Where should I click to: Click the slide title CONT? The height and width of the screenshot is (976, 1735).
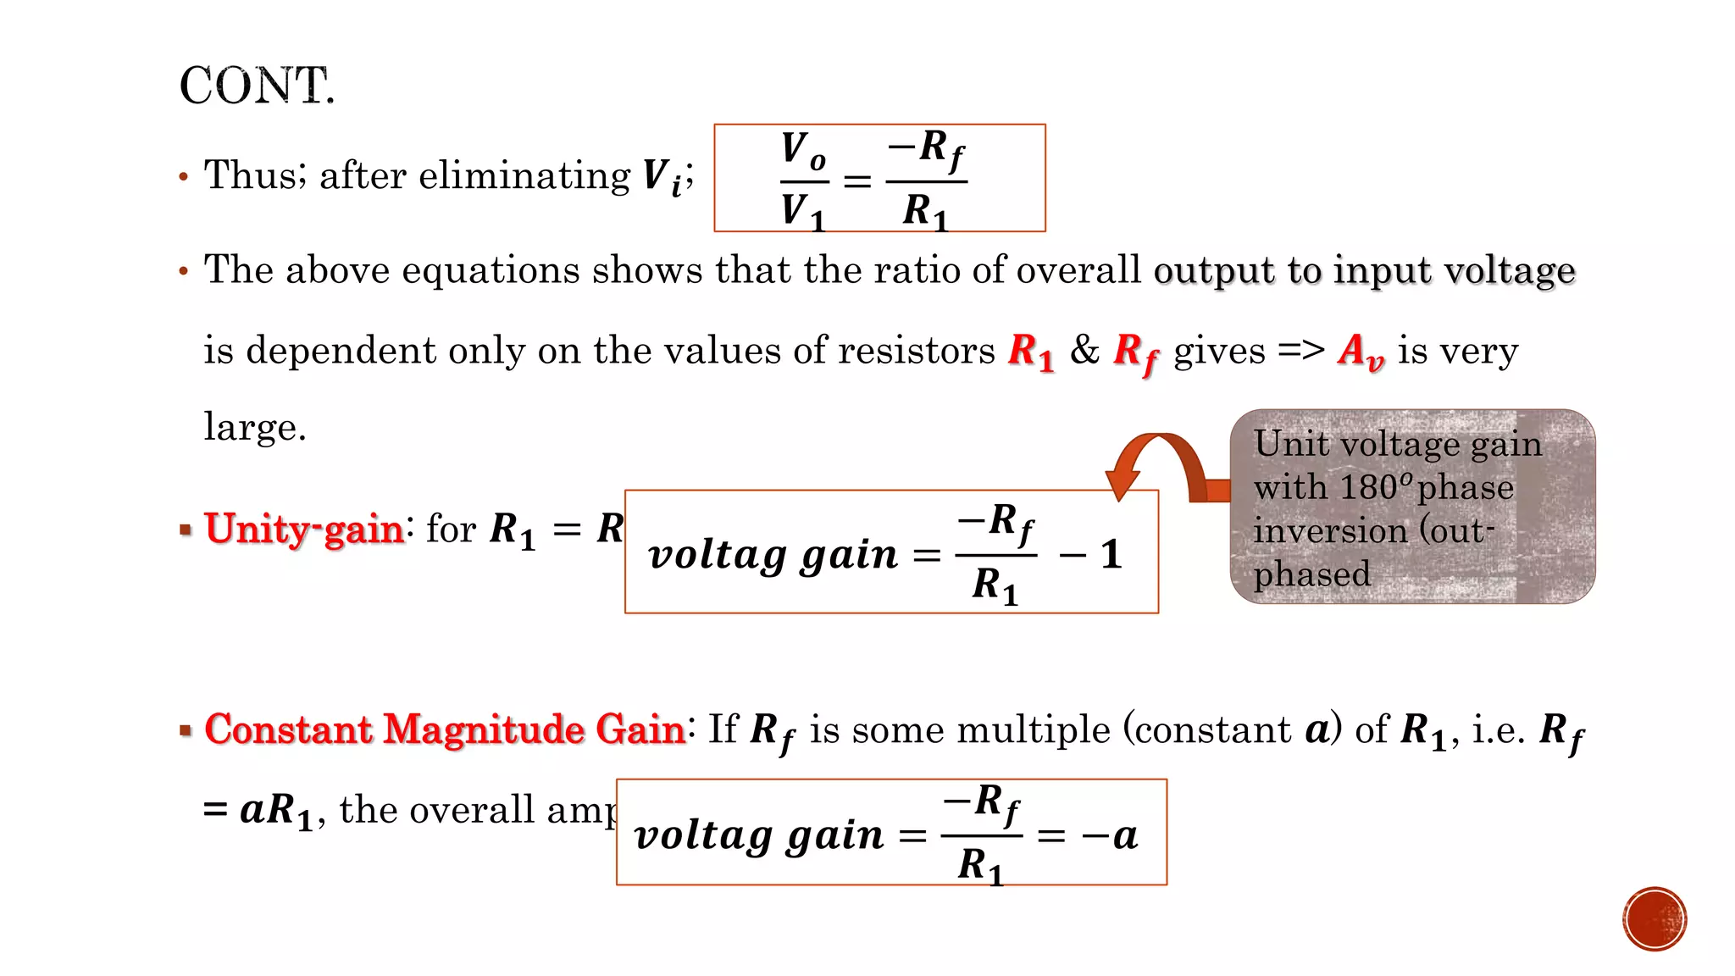[257, 86]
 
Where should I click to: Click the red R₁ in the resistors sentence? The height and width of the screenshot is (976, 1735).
[1031, 351]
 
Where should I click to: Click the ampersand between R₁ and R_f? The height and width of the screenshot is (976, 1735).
[1084, 349]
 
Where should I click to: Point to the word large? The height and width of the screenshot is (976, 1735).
[254, 426]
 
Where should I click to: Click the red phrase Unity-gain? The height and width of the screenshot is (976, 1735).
[304, 529]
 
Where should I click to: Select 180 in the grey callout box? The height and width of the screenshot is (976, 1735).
[1368, 487]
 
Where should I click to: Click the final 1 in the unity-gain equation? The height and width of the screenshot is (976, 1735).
[1111, 555]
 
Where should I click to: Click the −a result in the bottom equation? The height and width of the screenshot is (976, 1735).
[1110, 836]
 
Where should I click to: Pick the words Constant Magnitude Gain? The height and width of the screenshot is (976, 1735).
[445, 729]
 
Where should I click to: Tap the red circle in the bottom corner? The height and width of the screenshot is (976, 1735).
[1655, 919]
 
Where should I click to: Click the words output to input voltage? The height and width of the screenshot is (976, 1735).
[1364, 271]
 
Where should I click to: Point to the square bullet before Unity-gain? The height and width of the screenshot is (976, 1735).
[186, 530]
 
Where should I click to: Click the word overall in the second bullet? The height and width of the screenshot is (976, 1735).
[1078, 271]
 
